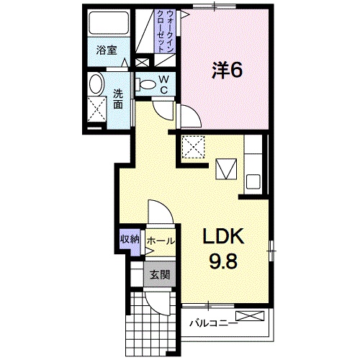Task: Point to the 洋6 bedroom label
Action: pyautogui.click(x=225, y=71)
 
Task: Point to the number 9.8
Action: pyautogui.click(x=224, y=261)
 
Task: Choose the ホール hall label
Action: pyautogui.click(x=160, y=241)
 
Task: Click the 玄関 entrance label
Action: pyautogui.click(x=159, y=274)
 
